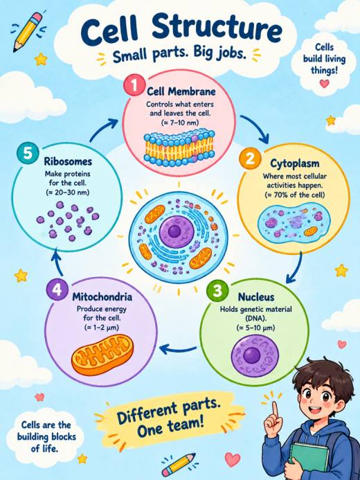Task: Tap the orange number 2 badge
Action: [x=250, y=158]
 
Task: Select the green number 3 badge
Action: [x=217, y=290]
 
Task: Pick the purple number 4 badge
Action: [x=57, y=290]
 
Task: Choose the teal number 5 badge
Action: [x=27, y=153]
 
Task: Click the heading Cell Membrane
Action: [x=181, y=91]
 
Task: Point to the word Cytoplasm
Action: [x=294, y=163]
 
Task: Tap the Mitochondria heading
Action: [x=102, y=296]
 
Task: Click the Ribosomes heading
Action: [x=68, y=161]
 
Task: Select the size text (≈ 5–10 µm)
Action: [x=255, y=328]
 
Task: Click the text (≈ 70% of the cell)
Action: [x=294, y=195]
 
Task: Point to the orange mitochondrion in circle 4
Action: [x=102, y=355]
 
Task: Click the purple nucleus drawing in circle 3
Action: [x=255, y=355]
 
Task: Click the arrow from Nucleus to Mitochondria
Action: [x=178, y=348]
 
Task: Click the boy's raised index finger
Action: [x=275, y=409]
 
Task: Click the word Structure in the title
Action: [x=217, y=29]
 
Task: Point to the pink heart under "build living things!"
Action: [x=324, y=83]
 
